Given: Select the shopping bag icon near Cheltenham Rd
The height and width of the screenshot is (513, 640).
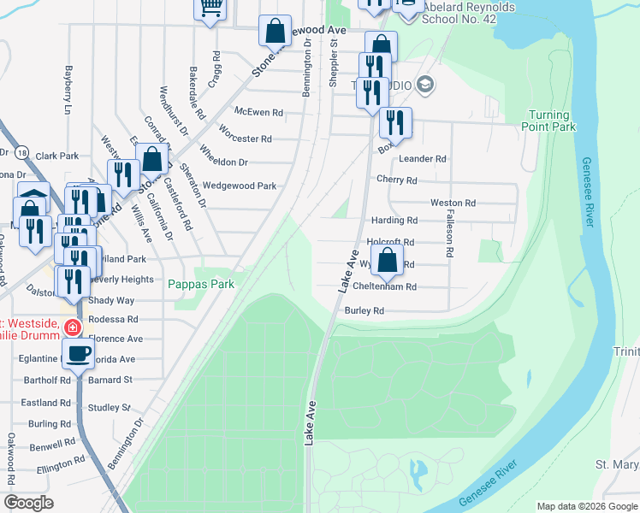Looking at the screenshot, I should (387, 260).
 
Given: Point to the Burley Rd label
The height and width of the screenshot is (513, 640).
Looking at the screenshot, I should (364, 311).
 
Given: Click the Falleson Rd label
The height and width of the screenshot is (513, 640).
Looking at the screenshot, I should (447, 236).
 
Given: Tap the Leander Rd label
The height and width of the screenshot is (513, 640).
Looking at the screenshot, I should (423, 159).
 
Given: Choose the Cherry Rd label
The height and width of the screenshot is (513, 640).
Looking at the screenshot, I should (396, 180).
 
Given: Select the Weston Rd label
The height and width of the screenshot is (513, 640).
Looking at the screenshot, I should (453, 203).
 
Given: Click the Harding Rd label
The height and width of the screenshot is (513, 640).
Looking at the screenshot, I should (394, 221).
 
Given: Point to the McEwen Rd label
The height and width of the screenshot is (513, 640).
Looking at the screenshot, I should (258, 112).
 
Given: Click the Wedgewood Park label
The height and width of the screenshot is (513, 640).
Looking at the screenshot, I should (245, 186).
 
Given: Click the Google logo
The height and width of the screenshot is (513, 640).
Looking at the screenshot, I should (28, 503).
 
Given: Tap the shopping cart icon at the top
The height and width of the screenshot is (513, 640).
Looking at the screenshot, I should (210, 8).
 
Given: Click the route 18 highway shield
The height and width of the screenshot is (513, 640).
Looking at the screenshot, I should (21, 151).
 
